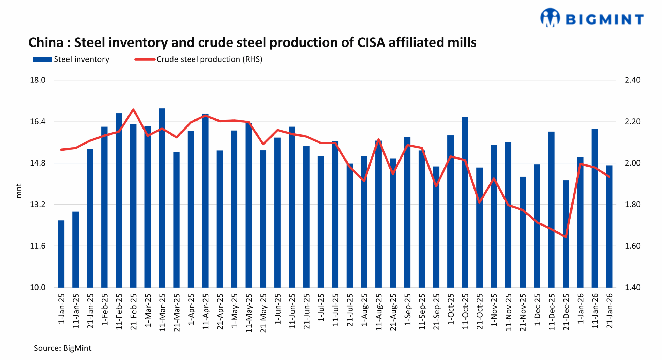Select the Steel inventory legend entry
coord(71,59)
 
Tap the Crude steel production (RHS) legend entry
coord(199,59)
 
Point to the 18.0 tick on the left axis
coord(38,80)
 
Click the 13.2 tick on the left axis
coord(38,204)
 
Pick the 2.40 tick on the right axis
coord(632,80)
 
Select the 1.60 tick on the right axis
coord(632,246)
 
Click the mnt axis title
coord(19,191)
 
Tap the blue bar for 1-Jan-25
coord(61,253)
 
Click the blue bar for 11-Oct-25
coord(465,202)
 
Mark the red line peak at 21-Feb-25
coord(133,109)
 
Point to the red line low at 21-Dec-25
coord(566,237)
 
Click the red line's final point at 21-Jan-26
coord(609,177)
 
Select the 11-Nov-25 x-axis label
coord(508,312)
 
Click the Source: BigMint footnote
coord(63,348)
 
